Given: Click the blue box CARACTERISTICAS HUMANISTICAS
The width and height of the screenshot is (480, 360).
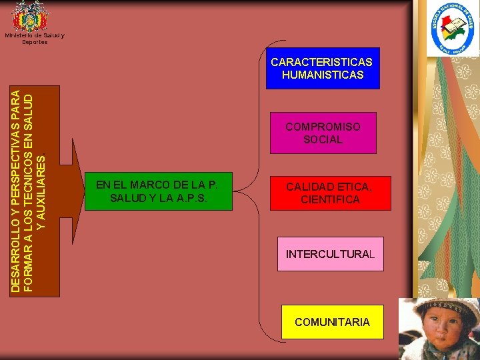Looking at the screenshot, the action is (323, 68).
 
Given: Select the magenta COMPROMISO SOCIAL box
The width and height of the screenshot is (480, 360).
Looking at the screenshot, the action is (323, 133).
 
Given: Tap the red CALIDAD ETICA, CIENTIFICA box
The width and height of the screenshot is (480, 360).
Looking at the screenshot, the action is (323, 193).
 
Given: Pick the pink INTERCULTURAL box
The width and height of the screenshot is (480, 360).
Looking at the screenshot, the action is (330, 254).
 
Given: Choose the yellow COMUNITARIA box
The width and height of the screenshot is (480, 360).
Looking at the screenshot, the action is (332, 322).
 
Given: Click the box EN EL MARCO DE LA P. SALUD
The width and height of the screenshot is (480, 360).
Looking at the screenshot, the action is (158, 191).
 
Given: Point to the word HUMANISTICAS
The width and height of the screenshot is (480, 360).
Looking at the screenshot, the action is (323, 75).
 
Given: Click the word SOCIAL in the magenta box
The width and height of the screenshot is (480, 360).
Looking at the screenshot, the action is (323, 139).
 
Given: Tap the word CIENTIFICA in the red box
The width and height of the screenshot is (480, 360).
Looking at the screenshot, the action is (330, 199).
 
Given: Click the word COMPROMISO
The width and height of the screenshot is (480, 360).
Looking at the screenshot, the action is (323, 127).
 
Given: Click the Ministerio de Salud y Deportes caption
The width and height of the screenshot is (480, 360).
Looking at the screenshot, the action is (35, 39).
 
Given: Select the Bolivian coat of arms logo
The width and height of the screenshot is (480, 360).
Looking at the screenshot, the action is (31, 16).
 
